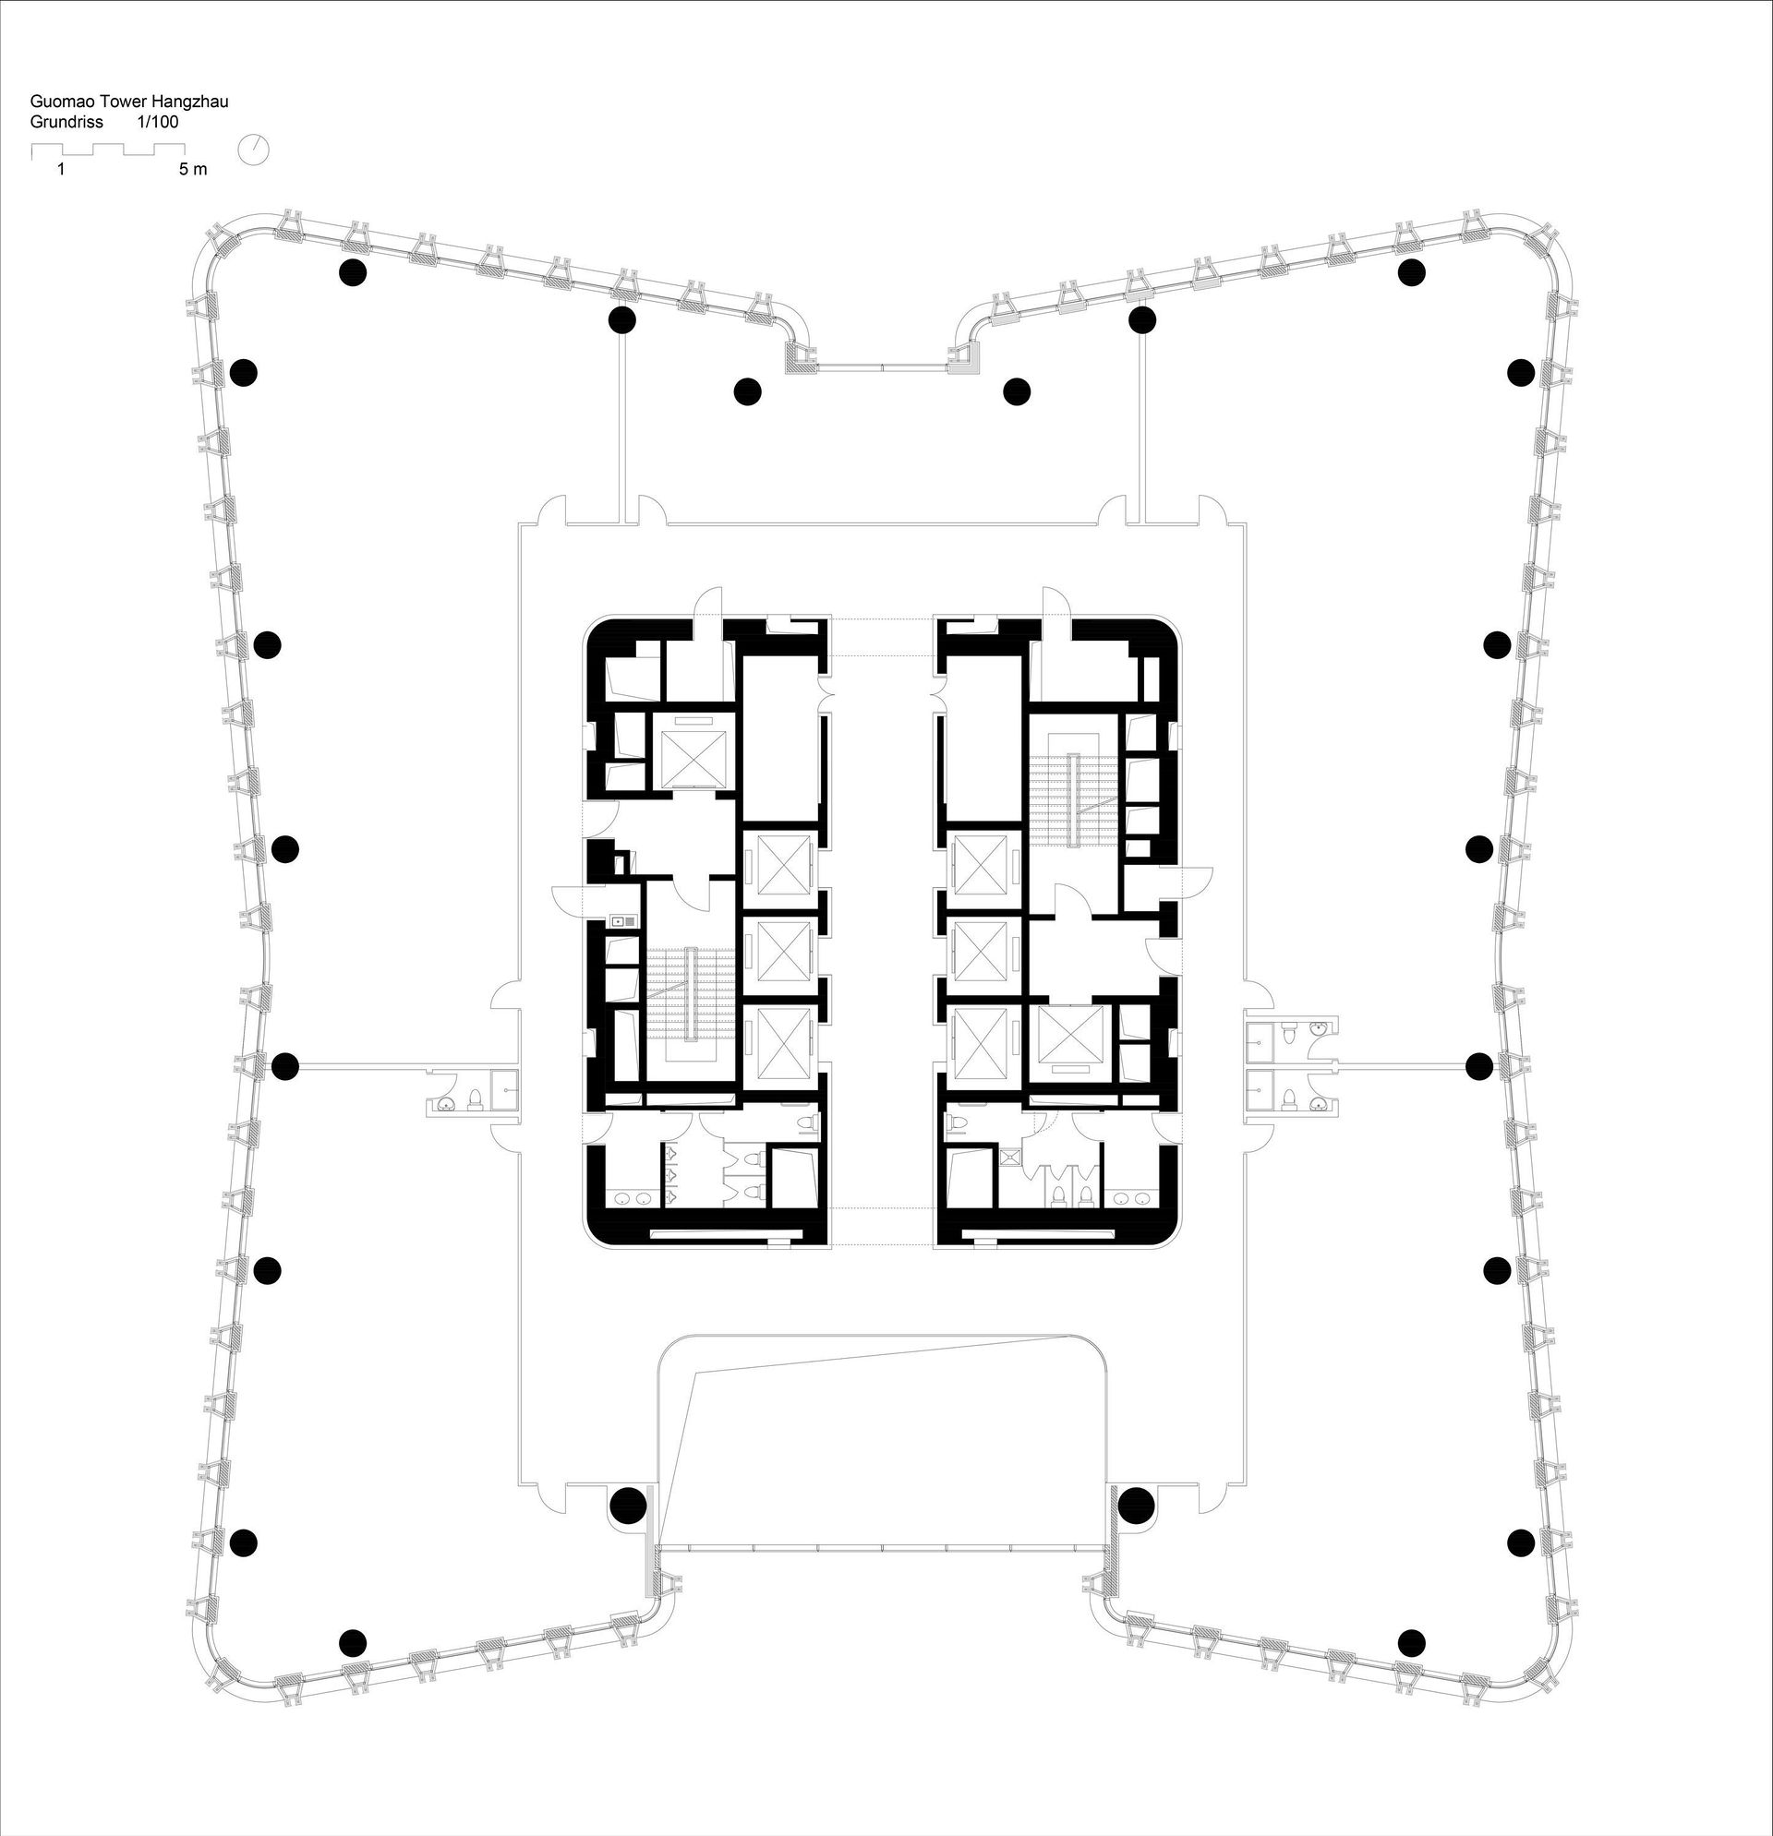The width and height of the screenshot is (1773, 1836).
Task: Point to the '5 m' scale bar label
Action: [x=193, y=170]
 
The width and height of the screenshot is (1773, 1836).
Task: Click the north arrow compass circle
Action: [x=254, y=150]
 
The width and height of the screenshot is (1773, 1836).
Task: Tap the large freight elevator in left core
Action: [x=694, y=755]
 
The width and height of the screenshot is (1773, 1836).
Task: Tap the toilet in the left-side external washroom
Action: [x=474, y=1098]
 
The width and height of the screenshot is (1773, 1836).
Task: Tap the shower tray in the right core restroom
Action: [x=1011, y=1156]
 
